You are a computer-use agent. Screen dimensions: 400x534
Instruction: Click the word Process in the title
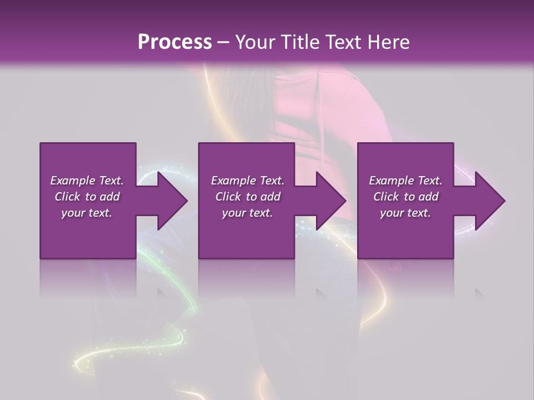pos(175,42)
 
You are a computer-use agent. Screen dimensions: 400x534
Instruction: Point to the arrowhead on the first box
pos(170,201)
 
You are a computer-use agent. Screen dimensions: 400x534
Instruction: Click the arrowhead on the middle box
pos(328,201)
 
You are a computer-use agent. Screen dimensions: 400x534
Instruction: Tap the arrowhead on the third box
pos(487,201)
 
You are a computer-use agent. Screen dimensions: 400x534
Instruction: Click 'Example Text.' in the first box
pos(87,181)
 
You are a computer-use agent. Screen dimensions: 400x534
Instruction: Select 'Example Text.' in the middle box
pos(248,181)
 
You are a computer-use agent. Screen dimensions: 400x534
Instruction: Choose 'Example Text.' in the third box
pos(406,181)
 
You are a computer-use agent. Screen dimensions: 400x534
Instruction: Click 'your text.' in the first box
pos(87,213)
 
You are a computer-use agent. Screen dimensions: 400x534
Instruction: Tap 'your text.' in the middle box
pos(248,213)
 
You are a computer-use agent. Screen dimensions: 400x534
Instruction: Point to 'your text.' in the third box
pos(406,213)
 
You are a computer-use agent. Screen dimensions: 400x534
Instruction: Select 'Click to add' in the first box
pos(87,197)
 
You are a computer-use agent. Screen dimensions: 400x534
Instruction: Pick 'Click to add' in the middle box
pos(248,197)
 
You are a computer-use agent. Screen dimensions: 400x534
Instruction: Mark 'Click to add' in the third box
pos(406,197)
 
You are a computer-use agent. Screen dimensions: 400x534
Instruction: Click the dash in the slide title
pos(224,42)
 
